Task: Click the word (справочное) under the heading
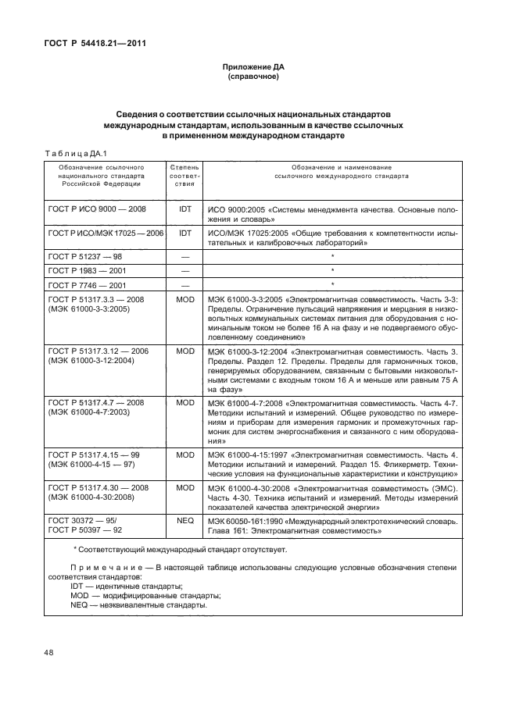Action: click(252, 78)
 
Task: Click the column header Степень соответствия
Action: click(184, 176)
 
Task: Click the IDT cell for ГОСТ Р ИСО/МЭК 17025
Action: click(185, 233)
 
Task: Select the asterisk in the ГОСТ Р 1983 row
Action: click(333, 270)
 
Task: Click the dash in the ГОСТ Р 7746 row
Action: click(185, 284)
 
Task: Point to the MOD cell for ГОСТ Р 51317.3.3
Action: click(185, 298)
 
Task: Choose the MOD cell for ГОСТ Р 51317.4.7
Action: click(185, 402)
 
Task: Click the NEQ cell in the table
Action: click(185, 517)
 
